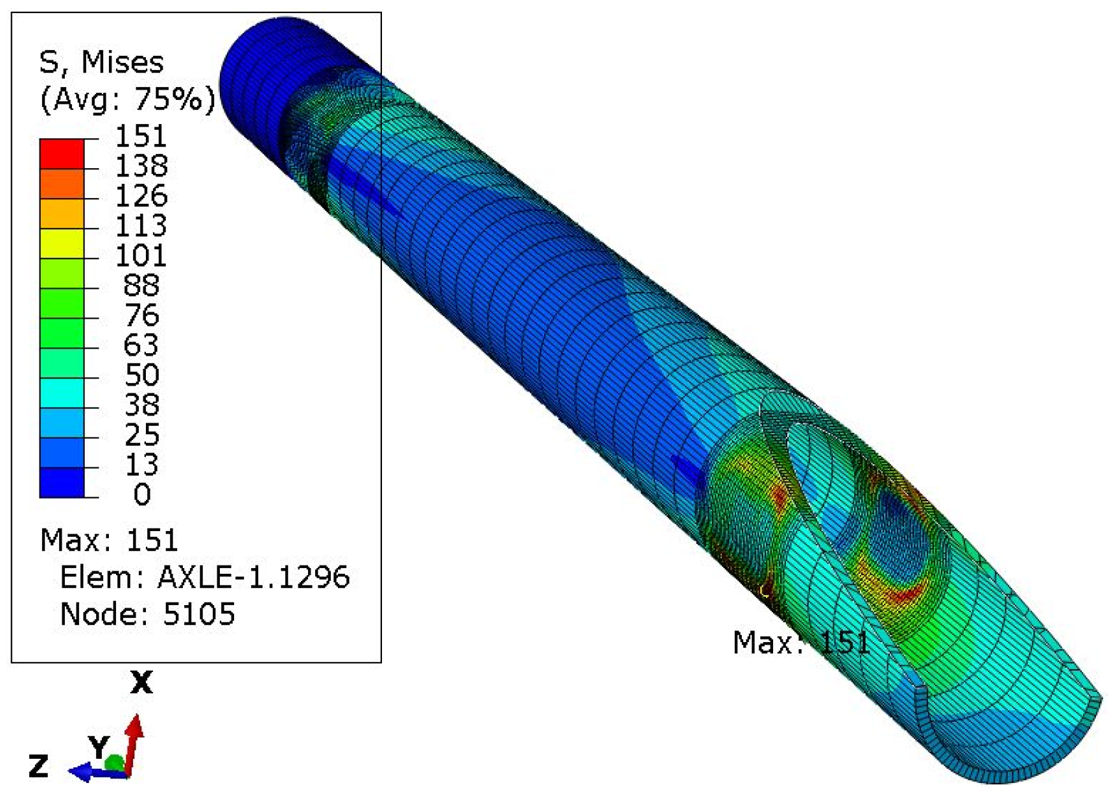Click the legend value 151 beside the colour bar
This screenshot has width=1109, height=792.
pos(141,136)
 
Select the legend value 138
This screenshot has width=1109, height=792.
pos(141,166)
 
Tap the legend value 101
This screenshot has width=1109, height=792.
pos(141,256)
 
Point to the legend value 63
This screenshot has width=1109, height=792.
pos(141,345)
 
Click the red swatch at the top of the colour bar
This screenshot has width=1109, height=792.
pos(62,154)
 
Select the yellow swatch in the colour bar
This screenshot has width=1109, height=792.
pos(62,243)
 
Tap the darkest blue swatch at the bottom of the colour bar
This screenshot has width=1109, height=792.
pos(62,482)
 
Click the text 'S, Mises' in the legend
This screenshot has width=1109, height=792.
pos(101,62)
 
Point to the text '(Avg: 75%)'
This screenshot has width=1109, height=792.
pos(127,99)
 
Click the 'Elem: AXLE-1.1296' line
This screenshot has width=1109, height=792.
pos(204,577)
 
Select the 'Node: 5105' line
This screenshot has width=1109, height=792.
pos(147,613)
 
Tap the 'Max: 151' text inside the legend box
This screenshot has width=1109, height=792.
pos(108,540)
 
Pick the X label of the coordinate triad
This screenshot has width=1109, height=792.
pos(141,683)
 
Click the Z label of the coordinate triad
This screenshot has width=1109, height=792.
pos(38,767)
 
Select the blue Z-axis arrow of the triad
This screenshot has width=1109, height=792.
pos(88,771)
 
